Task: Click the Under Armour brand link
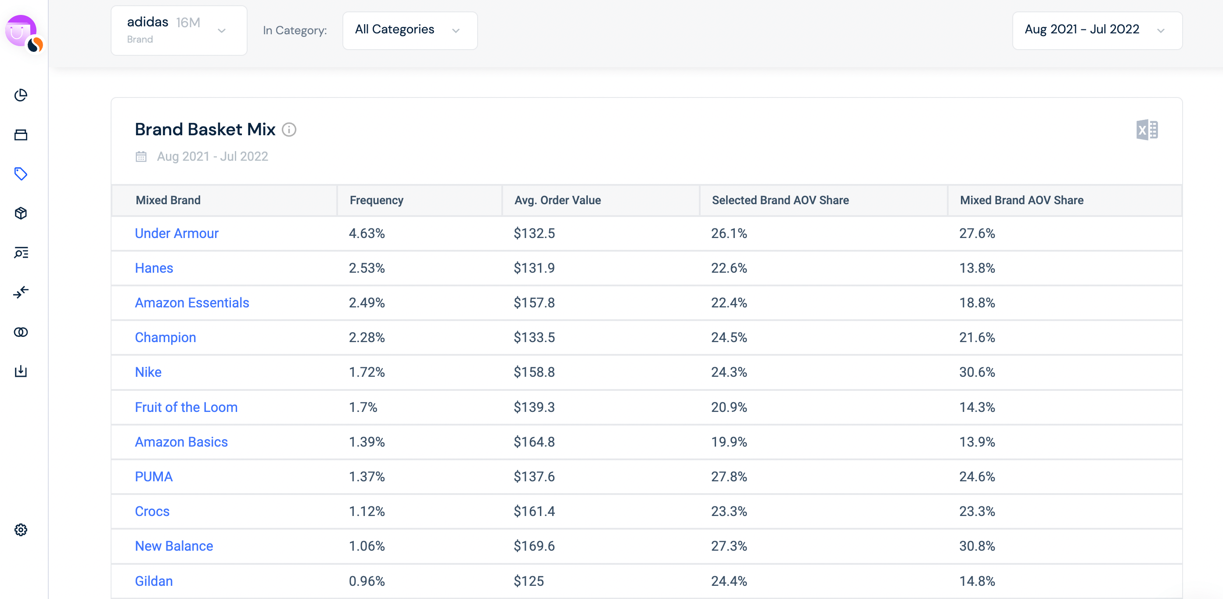coord(176,233)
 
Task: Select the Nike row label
coord(148,372)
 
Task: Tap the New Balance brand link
coord(174,546)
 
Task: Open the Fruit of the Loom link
coord(186,407)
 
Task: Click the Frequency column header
coord(377,200)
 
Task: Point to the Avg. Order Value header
coord(558,200)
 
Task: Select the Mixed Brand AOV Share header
coord(1022,200)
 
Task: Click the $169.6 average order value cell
coord(534,546)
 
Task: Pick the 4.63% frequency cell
coord(367,233)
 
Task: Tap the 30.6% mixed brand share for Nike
coord(977,372)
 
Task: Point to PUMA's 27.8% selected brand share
coord(729,476)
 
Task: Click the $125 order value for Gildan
coord(529,581)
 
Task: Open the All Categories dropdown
coord(410,30)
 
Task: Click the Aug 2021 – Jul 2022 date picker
coord(1097,30)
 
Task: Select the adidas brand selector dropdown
coord(179,30)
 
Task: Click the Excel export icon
coord(1147,130)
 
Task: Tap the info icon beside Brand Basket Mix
coord(289,130)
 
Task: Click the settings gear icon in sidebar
coord(21,530)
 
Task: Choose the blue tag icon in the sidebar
coord(21,174)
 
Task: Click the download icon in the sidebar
coord(21,371)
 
